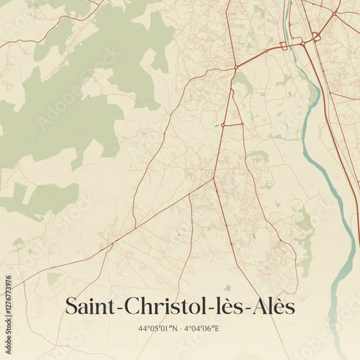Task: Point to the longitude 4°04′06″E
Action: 202,329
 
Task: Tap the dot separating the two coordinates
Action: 180,329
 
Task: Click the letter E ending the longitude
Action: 217,329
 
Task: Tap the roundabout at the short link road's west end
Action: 223,125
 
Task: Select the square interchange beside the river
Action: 283,45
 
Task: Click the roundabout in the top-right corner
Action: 335,13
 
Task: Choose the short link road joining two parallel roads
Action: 233,125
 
